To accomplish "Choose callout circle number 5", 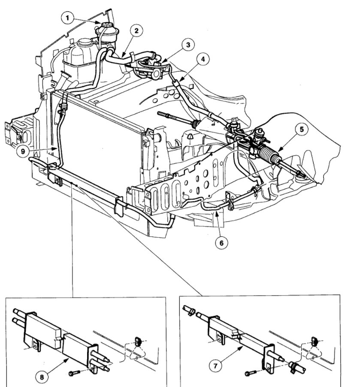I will tap(301, 129).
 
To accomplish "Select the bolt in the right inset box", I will tap(251, 372).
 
